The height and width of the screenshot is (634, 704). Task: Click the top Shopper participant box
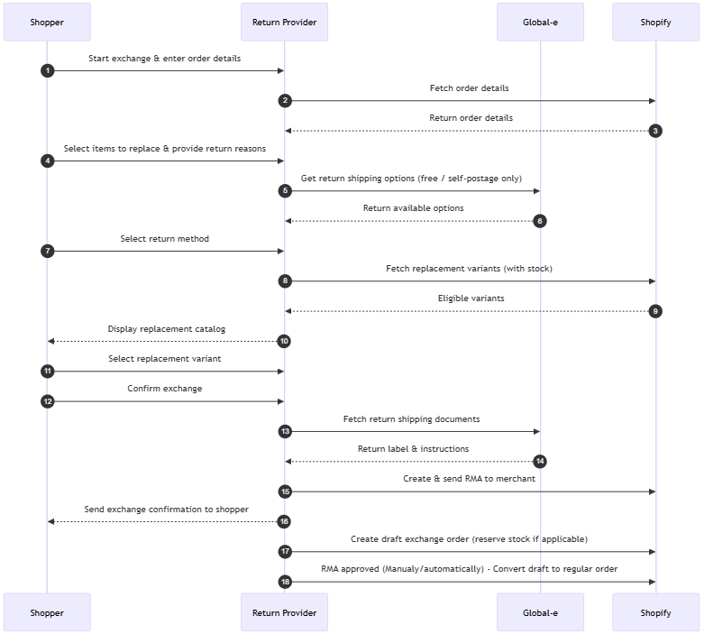click(x=47, y=22)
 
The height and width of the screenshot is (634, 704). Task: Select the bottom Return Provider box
click(x=284, y=612)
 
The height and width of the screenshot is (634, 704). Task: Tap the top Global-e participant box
click(x=540, y=22)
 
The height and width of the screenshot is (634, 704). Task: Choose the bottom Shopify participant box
click(x=655, y=612)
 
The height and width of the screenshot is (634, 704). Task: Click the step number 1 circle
click(x=47, y=70)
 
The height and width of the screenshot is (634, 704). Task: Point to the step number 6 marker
click(x=540, y=221)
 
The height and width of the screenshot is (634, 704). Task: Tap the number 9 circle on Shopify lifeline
click(x=655, y=311)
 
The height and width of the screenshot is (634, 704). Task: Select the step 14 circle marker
click(x=540, y=462)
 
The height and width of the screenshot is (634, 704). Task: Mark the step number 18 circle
click(x=285, y=582)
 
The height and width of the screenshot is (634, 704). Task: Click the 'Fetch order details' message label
click(x=469, y=88)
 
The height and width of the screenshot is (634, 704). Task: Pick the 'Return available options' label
click(x=413, y=208)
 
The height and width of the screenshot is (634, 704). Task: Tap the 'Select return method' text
click(x=164, y=239)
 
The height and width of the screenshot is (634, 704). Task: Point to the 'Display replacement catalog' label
click(x=166, y=329)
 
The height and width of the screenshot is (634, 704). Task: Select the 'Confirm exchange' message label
click(x=164, y=389)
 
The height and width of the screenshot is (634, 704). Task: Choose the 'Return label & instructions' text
click(x=413, y=449)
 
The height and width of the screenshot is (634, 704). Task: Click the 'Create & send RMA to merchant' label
click(x=469, y=479)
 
